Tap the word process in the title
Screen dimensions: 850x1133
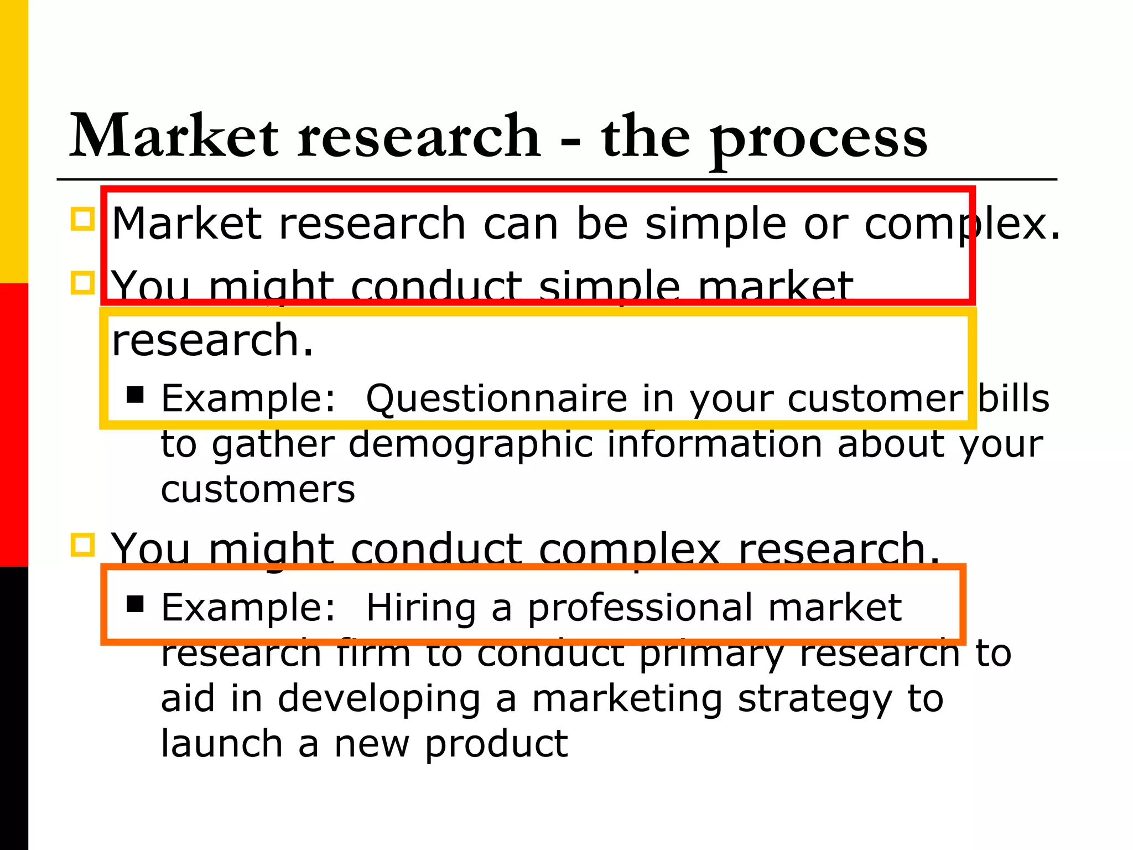[819, 138]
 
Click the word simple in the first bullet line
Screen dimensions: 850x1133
[716, 225]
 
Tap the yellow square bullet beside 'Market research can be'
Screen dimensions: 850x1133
[83, 219]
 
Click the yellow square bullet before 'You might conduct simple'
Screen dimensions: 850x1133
[83, 283]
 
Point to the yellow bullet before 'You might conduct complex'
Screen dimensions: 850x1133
[83, 545]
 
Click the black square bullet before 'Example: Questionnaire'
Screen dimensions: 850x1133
[136, 395]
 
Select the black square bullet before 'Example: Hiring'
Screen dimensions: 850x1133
[136, 604]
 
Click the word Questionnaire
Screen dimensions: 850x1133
[496, 398]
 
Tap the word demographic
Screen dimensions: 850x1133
[470, 444]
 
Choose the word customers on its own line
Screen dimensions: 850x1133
[258, 490]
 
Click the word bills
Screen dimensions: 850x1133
[1014, 398]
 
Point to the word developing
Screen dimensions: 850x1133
[379, 699]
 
